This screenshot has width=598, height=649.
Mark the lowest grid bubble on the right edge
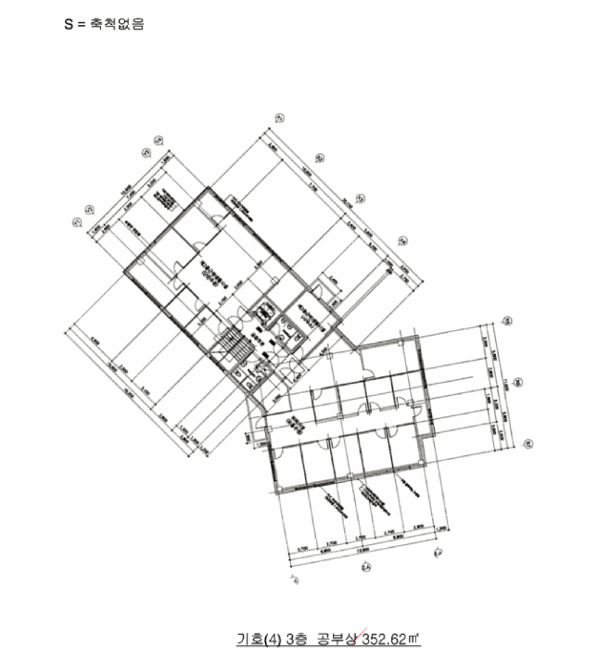click(x=527, y=443)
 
